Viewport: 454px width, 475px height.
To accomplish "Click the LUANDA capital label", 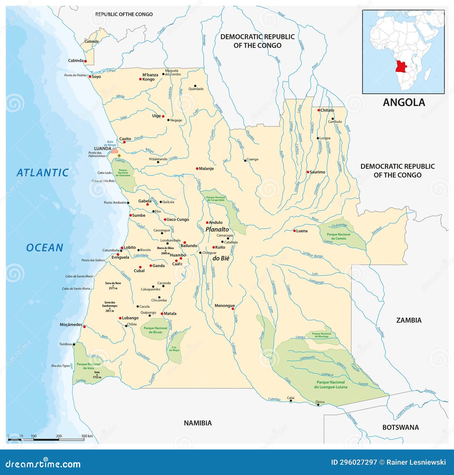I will click(x=102, y=149).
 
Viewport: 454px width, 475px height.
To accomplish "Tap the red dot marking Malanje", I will click(x=197, y=169).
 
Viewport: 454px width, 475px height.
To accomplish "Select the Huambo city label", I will click(x=178, y=255).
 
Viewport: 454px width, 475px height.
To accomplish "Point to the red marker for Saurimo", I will click(x=308, y=172).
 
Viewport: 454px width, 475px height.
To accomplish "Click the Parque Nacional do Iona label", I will click(x=88, y=366).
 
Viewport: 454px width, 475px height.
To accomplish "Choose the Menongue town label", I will click(x=224, y=306).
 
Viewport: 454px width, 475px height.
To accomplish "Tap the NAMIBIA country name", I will click(x=197, y=423).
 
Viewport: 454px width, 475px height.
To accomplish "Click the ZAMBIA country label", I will click(x=409, y=320).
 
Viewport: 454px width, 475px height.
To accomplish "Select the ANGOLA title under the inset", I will click(x=404, y=102).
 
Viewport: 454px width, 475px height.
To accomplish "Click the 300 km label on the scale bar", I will click(x=87, y=436).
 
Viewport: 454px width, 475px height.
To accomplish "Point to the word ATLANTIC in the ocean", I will click(x=43, y=173).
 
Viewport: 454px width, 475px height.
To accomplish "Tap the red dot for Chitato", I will click(x=319, y=110).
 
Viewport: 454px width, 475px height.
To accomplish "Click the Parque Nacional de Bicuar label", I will click(x=155, y=330).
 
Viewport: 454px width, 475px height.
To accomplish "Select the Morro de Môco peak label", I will click(x=165, y=248).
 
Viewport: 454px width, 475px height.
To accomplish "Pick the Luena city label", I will click(x=302, y=231).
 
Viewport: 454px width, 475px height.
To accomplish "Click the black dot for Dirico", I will click(x=318, y=405).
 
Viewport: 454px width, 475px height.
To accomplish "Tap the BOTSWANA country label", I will click(x=400, y=427).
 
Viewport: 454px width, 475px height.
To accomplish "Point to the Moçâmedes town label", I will click(x=71, y=325).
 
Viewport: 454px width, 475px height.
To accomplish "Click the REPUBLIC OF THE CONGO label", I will click(x=124, y=14).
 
